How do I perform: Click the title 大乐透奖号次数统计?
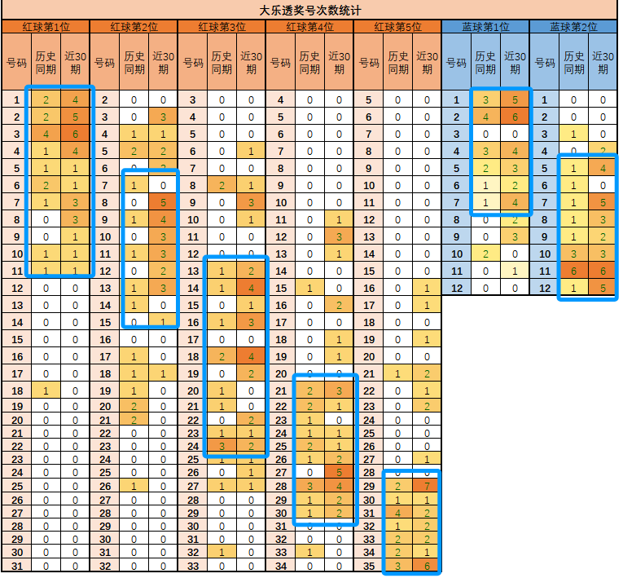pyautogui.click(x=310, y=11)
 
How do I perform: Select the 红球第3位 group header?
pyautogui.click(x=222, y=27)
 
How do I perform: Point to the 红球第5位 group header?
pyautogui.click(x=397, y=27)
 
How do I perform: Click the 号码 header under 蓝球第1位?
pyautogui.click(x=456, y=63)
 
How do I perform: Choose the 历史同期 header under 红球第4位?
pyautogui.click(x=309, y=63)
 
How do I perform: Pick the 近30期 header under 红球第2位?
pyautogui.click(x=163, y=63)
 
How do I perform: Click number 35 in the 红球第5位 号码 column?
pyautogui.click(x=368, y=567)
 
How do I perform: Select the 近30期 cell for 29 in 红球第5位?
pyautogui.click(x=427, y=486)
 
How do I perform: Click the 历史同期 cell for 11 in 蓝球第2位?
pyautogui.click(x=573, y=271)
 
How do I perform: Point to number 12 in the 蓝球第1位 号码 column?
pyautogui.click(x=456, y=288)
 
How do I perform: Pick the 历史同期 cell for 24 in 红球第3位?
pyautogui.click(x=222, y=446)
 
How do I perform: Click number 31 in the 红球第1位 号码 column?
pyautogui.click(x=16, y=567)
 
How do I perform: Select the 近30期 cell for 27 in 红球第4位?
pyautogui.click(x=339, y=472)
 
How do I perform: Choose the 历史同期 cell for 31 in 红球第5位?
pyautogui.click(x=397, y=513)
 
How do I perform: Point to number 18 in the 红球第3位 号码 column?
pyautogui.click(x=192, y=356)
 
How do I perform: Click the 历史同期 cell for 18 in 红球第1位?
pyautogui.click(x=46, y=391)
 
